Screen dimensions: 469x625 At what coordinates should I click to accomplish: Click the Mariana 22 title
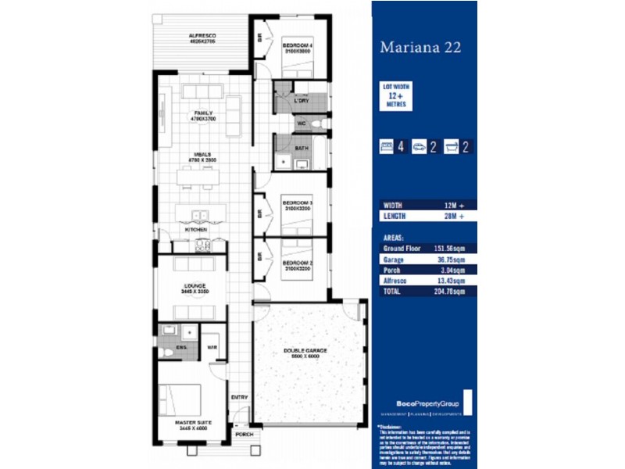420,47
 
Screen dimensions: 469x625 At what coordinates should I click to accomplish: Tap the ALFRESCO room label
202,36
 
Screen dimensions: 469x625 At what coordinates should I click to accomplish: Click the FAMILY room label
204,113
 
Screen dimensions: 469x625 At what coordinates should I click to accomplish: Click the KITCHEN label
195,230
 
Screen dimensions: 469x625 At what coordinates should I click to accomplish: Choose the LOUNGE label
195,286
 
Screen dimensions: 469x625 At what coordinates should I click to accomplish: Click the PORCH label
244,435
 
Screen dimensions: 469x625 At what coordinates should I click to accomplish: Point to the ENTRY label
239,397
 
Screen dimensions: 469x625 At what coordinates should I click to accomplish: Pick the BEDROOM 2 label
297,262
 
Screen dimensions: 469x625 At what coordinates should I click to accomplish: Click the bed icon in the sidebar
386,146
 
